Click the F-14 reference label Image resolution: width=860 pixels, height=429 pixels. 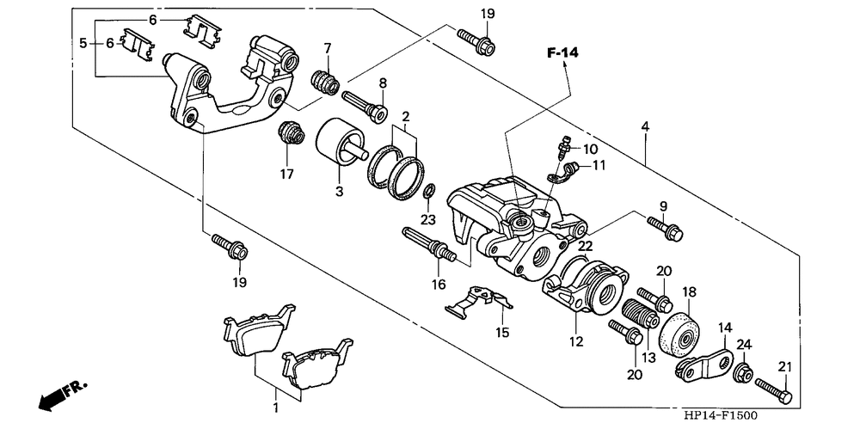coord(563,53)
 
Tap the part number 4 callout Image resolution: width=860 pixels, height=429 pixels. coord(645,126)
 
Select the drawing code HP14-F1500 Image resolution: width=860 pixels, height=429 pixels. coord(720,416)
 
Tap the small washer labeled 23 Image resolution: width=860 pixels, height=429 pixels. coord(430,192)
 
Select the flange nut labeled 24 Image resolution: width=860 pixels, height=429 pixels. coord(743,372)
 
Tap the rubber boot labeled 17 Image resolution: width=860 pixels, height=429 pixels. coord(290,132)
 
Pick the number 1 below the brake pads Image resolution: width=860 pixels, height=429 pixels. coord(276,408)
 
